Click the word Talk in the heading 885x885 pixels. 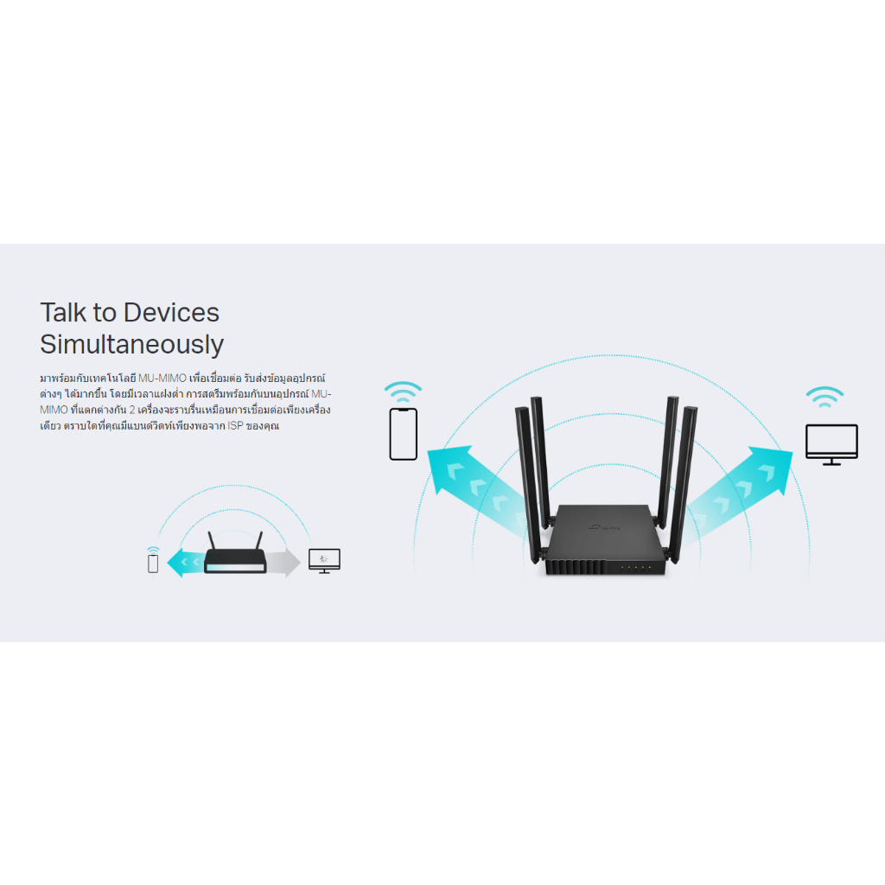click(x=62, y=313)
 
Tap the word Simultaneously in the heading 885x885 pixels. click(x=132, y=345)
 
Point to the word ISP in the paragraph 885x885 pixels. click(x=235, y=425)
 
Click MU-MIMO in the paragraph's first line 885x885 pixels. click(x=162, y=379)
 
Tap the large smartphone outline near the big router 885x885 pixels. click(x=404, y=434)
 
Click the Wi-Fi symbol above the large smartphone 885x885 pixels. click(x=403, y=392)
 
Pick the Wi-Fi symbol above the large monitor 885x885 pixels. click(x=825, y=397)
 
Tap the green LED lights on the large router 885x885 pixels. click(x=635, y=567)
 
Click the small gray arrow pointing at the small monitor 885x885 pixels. click(x=283, y=562)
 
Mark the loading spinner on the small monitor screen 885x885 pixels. click(x=324, y=559)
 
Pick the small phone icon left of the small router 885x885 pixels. click(x=153, y=563)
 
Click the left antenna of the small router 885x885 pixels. click(x=212, y=540)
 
